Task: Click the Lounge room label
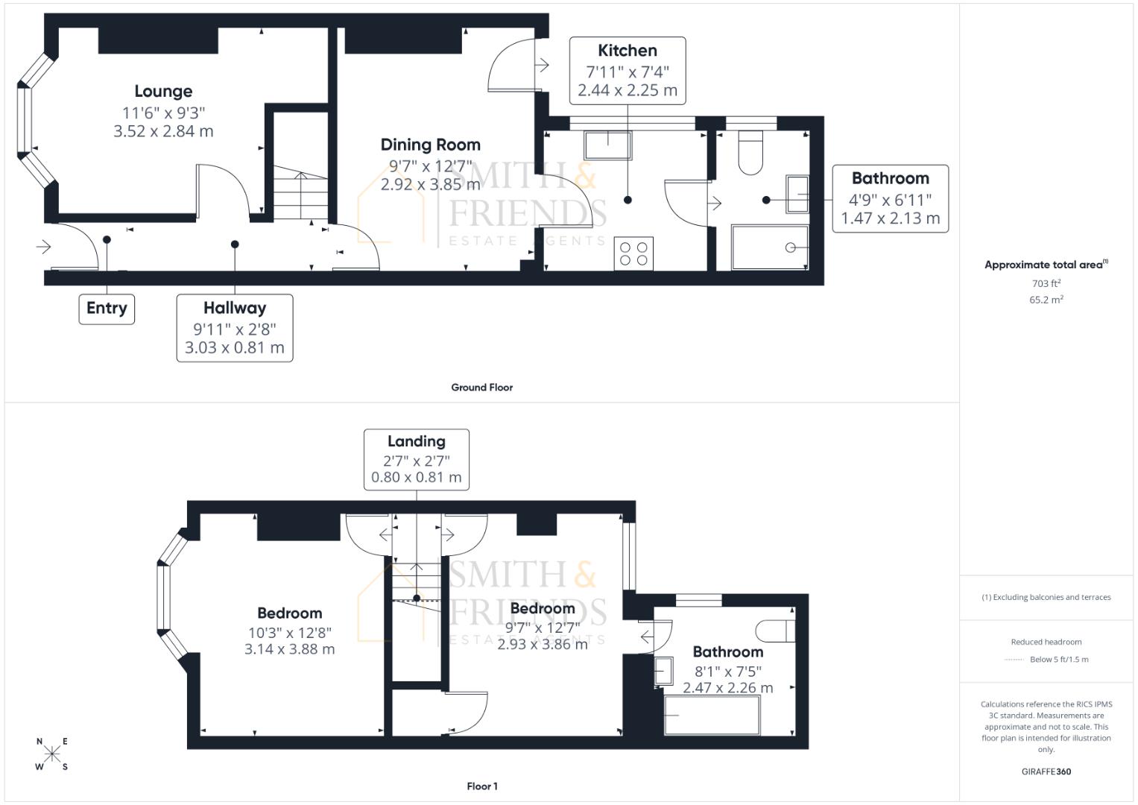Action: pos(163,92)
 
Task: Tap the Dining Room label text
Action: pos(430,145)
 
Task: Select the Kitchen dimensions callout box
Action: pos(627,70)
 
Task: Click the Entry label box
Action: pos(107,309)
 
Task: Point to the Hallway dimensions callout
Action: pos(234,328)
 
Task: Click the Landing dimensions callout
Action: pos(416,459)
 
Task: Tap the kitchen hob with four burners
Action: pos(633,253)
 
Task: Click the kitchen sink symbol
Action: pos(607,145)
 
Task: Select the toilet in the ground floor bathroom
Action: pos(750,153)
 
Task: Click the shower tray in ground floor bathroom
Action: pos(770,247)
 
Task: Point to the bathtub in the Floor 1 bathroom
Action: pos(712,715)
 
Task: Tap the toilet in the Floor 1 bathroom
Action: pos(775,631)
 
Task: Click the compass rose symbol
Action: pos(51,754)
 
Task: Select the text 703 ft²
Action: pos(1046,283)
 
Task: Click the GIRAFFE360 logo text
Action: pos(1046,771)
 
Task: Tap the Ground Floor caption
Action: pos(481,388)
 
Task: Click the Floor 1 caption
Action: pos(481,786)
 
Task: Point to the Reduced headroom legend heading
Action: pos(1046,642)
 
